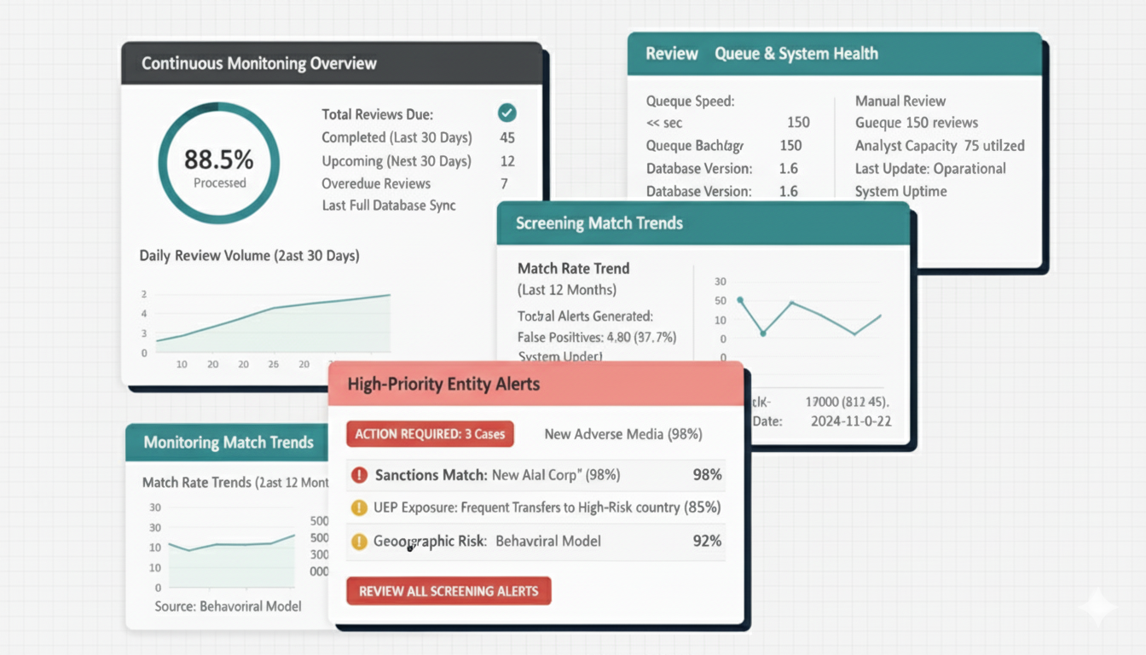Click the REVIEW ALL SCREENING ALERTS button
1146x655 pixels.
pyautogui.click(x=449, y=591)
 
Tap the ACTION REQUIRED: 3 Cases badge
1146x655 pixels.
pyautogui.click(x=430, y=434)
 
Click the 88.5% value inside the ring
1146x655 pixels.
pyautogui.click(x=219, y=159)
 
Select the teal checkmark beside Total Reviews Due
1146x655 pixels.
pyautogui.click(x=506, y=113)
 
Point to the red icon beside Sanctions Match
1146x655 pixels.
pyautogui.click(x=359, y=475)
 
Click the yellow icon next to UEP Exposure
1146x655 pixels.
pyautogui.click(x=359, y=507)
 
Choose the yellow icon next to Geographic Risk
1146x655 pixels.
pyautogui.click(x=359, y=541)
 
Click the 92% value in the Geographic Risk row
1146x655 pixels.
pyautogui.click(x=707, y=541)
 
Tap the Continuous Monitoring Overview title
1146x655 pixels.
pyautogui.click(x=259, y=64)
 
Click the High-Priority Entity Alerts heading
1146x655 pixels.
pyautogui.click(x=443, y=385)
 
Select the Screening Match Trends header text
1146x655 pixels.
pyautogui.click(x=599, y=223)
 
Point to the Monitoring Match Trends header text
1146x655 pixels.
pyautogui.click(x=229, y=443)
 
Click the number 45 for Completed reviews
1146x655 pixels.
pyautogui.click(x=507, y=137)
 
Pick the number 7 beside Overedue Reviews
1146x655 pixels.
pyautogui.click(x=505, y=183)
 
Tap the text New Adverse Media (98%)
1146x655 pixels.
pyautogui.click(x=623, y=434)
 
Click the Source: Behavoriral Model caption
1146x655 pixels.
pyautogui.click(x=228, y=606)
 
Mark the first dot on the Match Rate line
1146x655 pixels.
pyautogui.click(x=740, y=300)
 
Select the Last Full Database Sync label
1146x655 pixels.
pyautogui.click(x=389, y=206)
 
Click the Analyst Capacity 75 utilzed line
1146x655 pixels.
pyautogui.click(x=940, y=146)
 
